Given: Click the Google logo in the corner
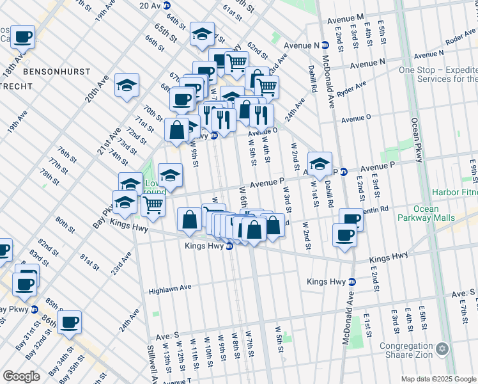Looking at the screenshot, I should (21, 376).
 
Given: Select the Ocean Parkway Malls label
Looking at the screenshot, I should (426, 214).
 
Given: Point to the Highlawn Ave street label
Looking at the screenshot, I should (170, 290).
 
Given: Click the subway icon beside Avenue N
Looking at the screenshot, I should (325, 45).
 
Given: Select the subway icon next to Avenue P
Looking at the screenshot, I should (343, 172).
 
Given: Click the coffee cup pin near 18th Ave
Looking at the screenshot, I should (23, 38).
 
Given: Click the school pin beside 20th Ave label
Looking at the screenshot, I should (127, 85).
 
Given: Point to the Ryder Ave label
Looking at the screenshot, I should (351, 86).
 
